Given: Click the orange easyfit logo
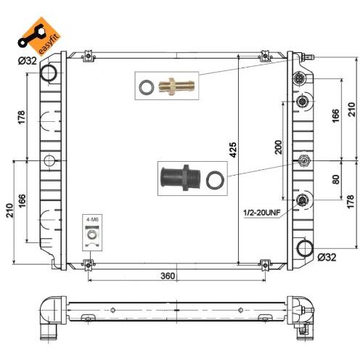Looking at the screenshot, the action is click(x=38, y=36).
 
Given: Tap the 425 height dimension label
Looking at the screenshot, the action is click(x=233, y=150).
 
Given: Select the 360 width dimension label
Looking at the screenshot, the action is click(x=168, y=276).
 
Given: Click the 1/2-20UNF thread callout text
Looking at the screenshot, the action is click(x=262, y=213).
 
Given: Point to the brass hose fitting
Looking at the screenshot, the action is click(x=176, y=86).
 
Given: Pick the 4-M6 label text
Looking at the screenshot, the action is click(x=92, y=220).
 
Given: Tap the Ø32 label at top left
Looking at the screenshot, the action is click(x=28, y=60).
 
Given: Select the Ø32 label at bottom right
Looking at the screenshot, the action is click(x=327, y=257).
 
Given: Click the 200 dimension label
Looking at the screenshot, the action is click(x=279, y=147).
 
